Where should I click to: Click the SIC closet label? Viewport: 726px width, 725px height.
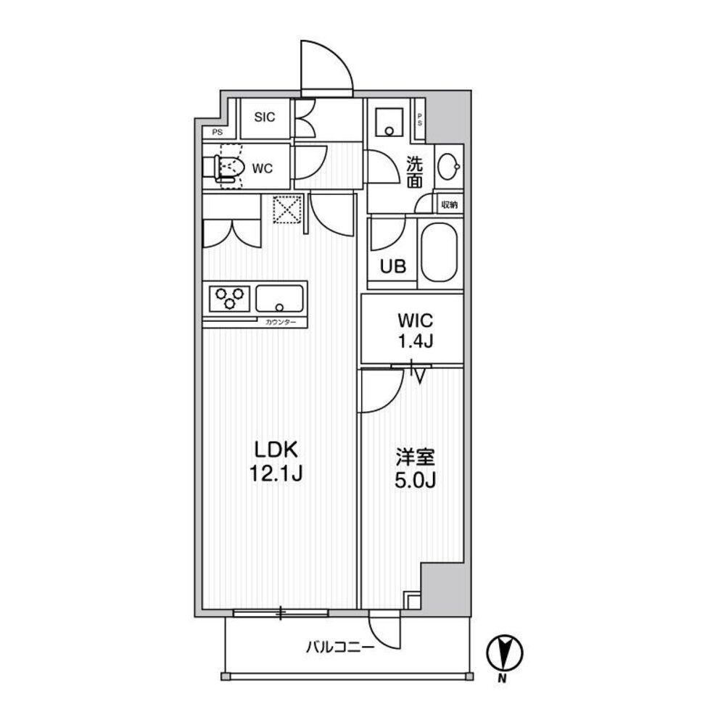265,117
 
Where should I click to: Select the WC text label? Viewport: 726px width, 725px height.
262,168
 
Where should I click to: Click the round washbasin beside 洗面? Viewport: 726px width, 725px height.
448,166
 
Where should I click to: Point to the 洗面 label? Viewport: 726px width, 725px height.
414,171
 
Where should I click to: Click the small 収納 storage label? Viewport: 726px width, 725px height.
450,204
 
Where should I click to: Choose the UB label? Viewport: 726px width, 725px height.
393,266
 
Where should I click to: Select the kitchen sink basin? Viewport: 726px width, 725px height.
280,299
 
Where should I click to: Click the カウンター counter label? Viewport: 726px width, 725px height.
280,322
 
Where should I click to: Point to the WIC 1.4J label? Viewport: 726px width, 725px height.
416,331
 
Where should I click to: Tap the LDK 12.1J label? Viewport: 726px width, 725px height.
276,461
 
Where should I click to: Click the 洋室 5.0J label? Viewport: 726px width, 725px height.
415,468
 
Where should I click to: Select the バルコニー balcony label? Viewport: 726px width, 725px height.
340,647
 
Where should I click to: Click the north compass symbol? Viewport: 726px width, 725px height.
504,652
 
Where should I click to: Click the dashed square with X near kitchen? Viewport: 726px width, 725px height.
287,210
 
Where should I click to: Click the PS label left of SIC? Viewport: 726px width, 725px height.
217,133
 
